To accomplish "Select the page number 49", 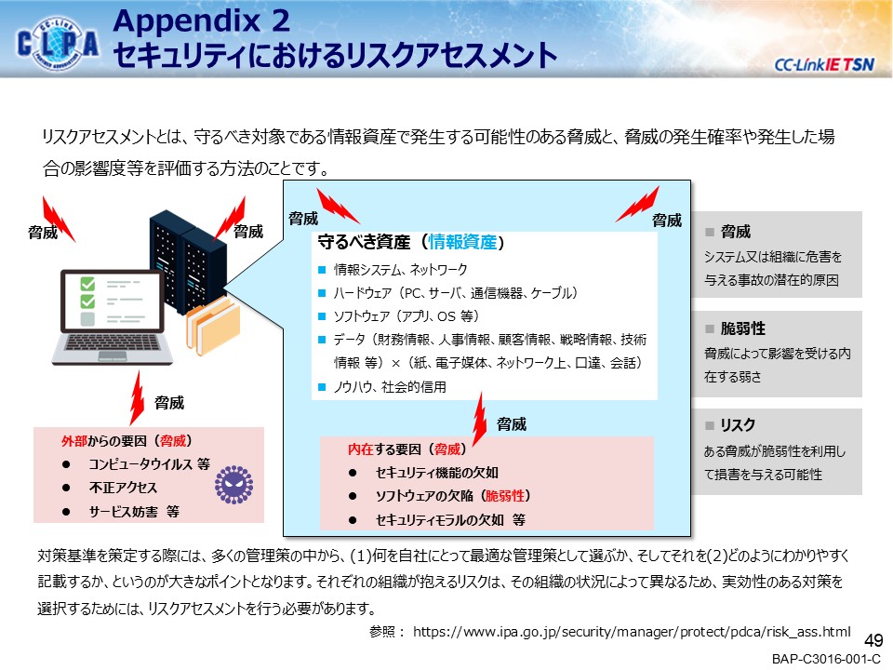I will coord(873,640).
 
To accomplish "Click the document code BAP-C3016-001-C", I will coord(825,660).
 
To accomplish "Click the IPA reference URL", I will coord(632,631).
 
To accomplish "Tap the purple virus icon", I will coord(233,485).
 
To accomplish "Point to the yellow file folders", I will coord(213,322).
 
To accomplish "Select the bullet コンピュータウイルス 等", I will coord(149,463).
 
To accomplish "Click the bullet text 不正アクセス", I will coord(123,488).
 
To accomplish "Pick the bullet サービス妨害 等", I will coord(134,511).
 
